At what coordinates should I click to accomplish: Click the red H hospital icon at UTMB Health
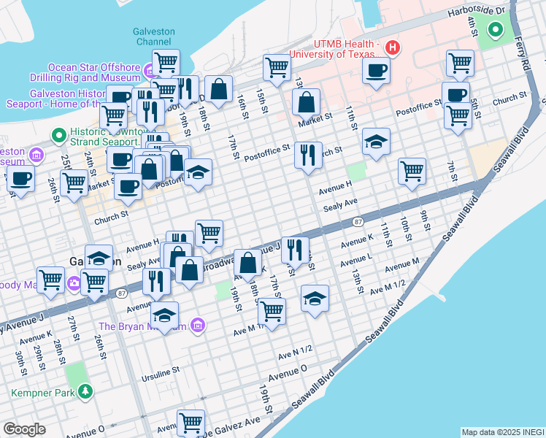pyautogui.click(x=393, y=48)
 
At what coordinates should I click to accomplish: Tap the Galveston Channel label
pyautogui.click(x=153, y=36)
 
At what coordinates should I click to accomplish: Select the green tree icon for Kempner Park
pyautogui.click(x=86, y=392)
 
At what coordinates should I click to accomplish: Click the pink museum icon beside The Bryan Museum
pyautogui.click(x=196, y=325)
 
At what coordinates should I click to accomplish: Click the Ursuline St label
pyautogui.click(x=157, y=372)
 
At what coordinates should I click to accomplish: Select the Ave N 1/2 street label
pyautogui.click(x=295, y=353)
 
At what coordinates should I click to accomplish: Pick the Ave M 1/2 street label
pyautogui.click(x=388, y=288)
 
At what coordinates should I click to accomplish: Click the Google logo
pyautogui.click(x=24, y=429)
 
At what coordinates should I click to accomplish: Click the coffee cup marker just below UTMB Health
pyautogui.click(x=376, y=71)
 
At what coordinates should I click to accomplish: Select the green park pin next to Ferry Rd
pyautogui.click(x=496, y=30)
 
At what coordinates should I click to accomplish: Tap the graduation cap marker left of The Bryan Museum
pyautogui.click(x=165, y=315)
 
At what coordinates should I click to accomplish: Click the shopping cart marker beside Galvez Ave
pyautogui.click(x=191, y=422)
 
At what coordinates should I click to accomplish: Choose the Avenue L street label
pyautogui.click(x=355, y=259)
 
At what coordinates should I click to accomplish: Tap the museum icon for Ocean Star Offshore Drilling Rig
pyautogui.click(x=149, y=72)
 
